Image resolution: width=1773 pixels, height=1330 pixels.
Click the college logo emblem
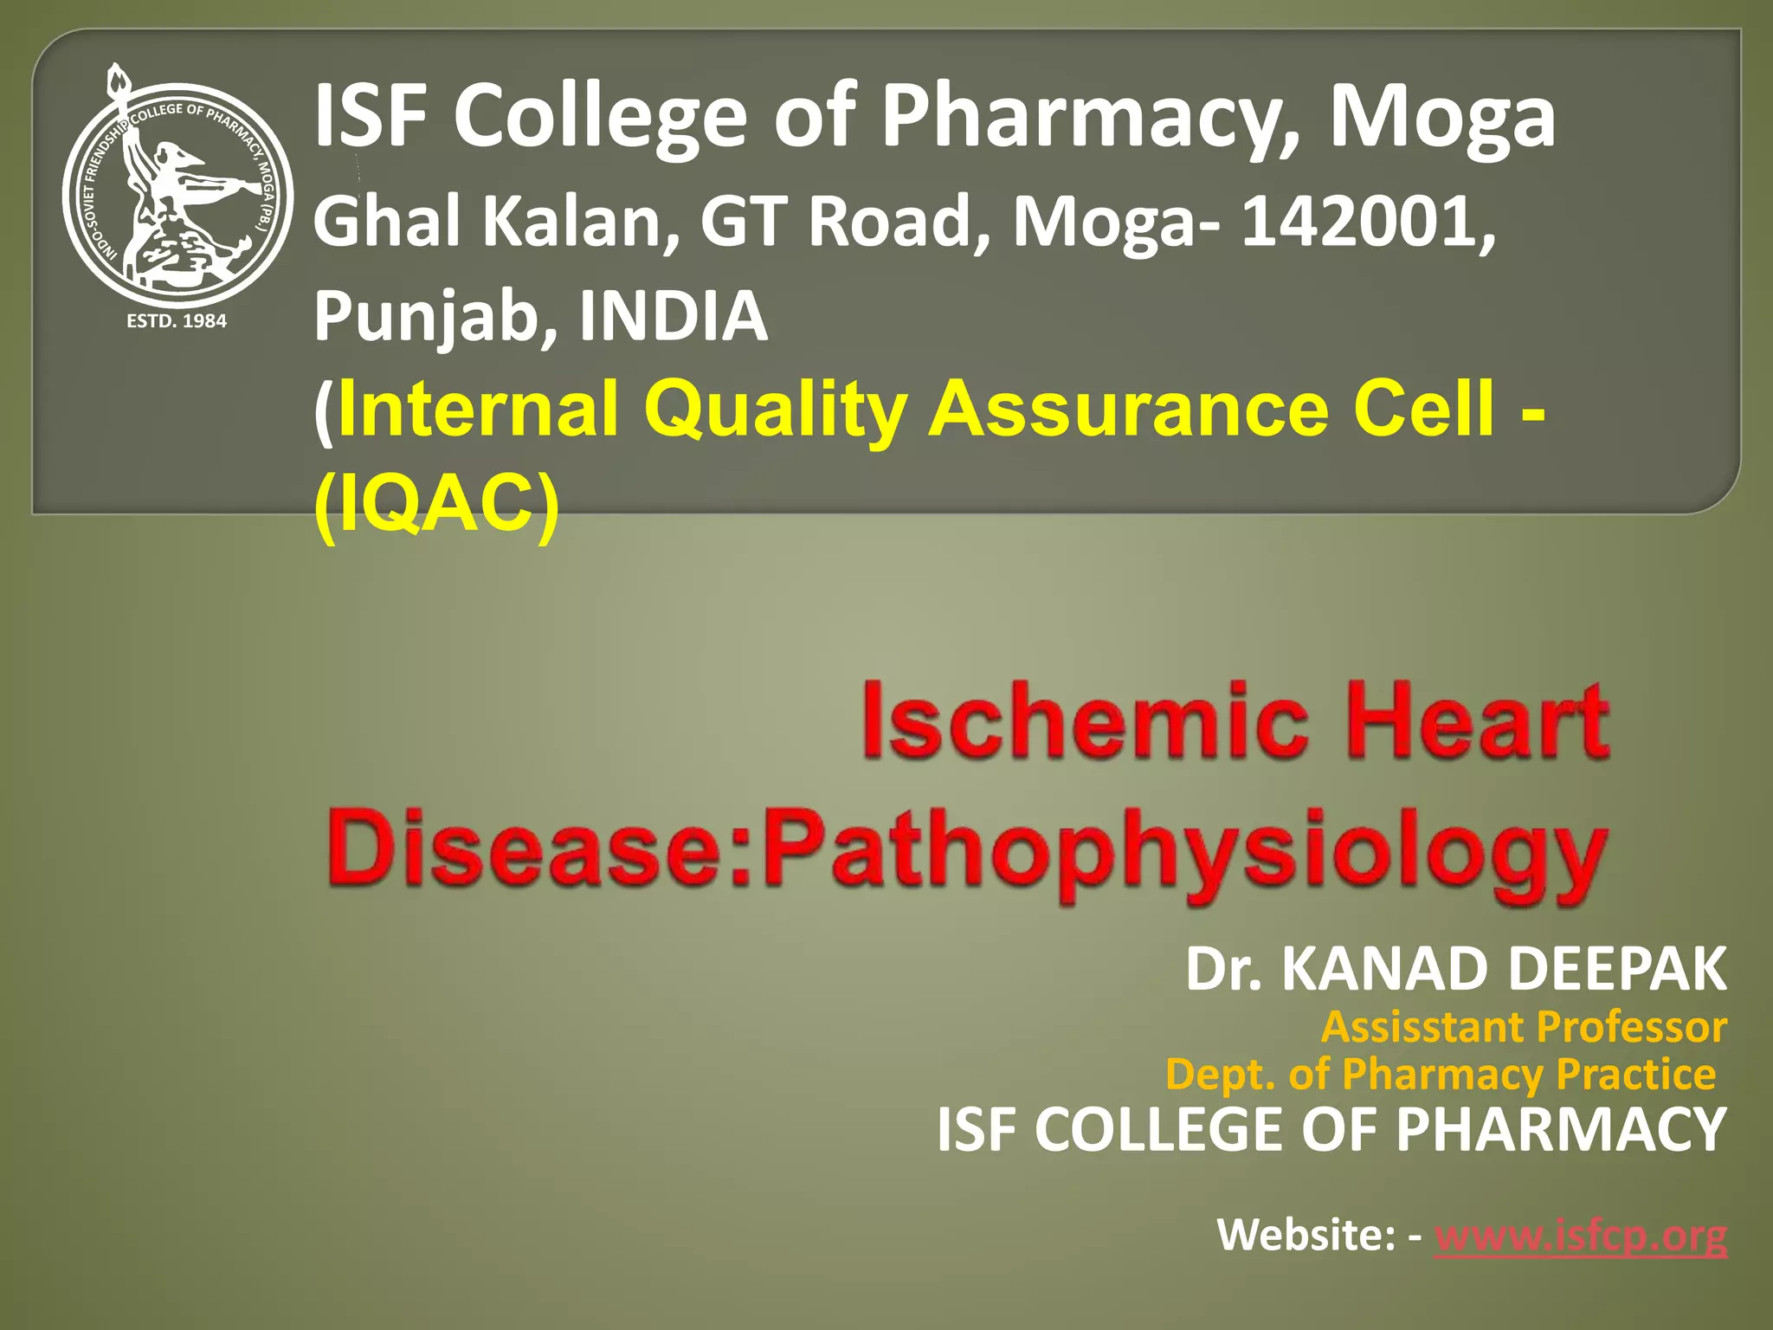coord(177,195)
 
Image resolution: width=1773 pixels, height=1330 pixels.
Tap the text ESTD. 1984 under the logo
coord(177,321)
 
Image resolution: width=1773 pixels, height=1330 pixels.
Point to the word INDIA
coord(673,316)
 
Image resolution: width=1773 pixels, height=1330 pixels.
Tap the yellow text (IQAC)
coord(436,506)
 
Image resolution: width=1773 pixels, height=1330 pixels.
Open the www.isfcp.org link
coord(1580,1234)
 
